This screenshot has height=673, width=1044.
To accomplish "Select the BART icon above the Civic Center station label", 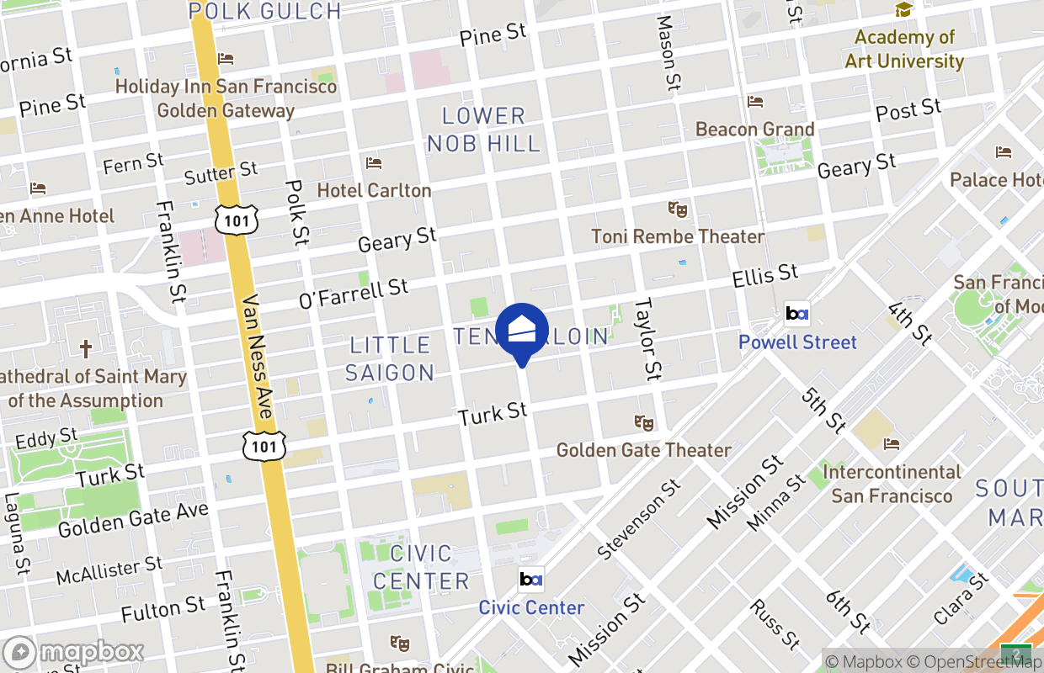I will [x=531, y=580].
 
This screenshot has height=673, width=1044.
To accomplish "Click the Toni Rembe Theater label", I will [x=678, y=236].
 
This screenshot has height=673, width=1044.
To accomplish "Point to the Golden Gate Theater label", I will [x=644, y=450].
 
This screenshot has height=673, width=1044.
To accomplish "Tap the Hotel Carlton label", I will [x=374, y=190].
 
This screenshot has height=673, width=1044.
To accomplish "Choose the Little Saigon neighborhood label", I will [x=390, y=358].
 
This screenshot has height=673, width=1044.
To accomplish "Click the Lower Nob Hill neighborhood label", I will [x=483, y=130].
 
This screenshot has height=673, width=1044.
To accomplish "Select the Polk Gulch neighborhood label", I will [x=264, y=11].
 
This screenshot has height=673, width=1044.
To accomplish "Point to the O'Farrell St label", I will [x=354, y=292].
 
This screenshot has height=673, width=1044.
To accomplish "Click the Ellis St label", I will [x=764, y=275].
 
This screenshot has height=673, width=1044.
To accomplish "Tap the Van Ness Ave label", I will [x=257, y=358].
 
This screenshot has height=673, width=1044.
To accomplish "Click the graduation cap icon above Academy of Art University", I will [x=904, y=10].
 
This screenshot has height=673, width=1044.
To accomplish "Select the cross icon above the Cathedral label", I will [x=85, y=348].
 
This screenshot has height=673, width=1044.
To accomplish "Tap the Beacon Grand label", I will [x=755, y=129].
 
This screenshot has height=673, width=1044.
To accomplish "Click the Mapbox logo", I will [x=74, y=653].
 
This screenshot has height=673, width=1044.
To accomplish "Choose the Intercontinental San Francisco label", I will [x=892, y=483].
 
